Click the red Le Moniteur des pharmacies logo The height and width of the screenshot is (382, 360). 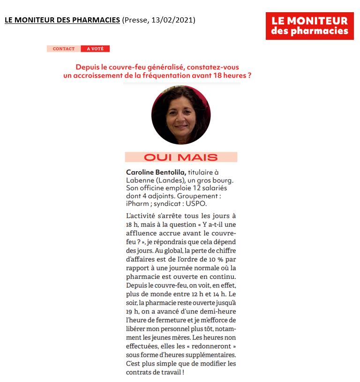tap(309, 26)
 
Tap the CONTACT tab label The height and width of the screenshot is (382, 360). tap(64, 49)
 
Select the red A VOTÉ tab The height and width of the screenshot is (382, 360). tap(95, 49)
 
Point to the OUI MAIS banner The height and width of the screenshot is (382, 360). tap(181, 157)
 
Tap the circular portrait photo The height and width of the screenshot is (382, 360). tap(181, 115)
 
